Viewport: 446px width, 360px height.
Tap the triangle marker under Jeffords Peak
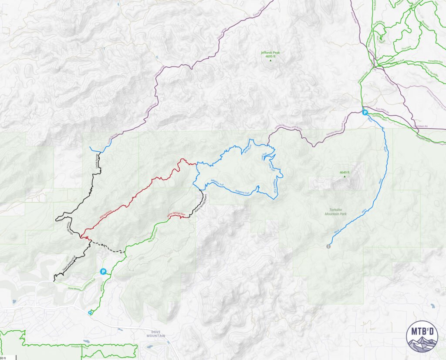[270, 60]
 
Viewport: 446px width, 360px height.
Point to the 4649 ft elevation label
[345, 172]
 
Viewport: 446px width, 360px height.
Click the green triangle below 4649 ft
[345, 177]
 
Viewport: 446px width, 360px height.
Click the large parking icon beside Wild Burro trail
[103, 272]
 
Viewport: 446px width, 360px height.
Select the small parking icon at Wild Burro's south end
[90, 312]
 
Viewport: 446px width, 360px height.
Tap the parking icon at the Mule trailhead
[365, 112]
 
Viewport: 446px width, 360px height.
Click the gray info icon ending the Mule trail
[328, 247]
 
